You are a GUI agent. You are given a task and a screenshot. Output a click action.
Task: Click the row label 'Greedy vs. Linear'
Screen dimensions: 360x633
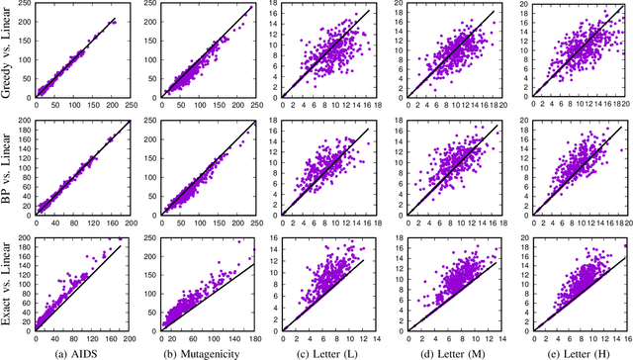9,53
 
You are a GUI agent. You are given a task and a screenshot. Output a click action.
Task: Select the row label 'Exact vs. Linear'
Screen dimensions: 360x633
9,285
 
